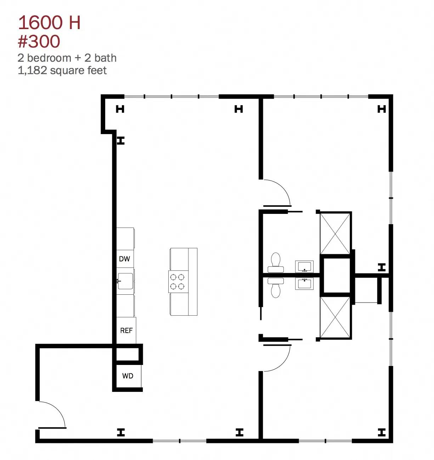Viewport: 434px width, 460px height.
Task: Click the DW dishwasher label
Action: tap(124, 259)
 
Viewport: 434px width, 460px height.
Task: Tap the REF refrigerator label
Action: tap(126, 330)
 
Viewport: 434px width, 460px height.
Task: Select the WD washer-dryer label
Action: tap(128, 376)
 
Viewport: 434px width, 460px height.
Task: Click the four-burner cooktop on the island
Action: tap(178, 282)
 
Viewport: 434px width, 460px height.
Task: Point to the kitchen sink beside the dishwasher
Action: tap(125, 281)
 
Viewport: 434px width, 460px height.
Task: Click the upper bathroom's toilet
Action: tap(275, 262)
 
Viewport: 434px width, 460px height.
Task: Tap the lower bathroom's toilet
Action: tap(275, 288)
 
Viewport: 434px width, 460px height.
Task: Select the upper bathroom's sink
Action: tap(304, 266)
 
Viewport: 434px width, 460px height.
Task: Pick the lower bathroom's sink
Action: tap(304, 284)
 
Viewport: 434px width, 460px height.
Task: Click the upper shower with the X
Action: tap(335, 234)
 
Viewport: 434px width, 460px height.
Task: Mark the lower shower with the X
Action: tap(335, 317)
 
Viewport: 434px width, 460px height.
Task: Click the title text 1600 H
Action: tap(49, 22)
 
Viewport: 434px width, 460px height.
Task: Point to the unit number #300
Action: tap(39, 41)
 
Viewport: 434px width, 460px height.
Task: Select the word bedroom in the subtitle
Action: tap(49, 58)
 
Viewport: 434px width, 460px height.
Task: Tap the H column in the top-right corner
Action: tap(382, 109)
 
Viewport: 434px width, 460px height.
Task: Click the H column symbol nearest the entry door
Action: tap(121, 432)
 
